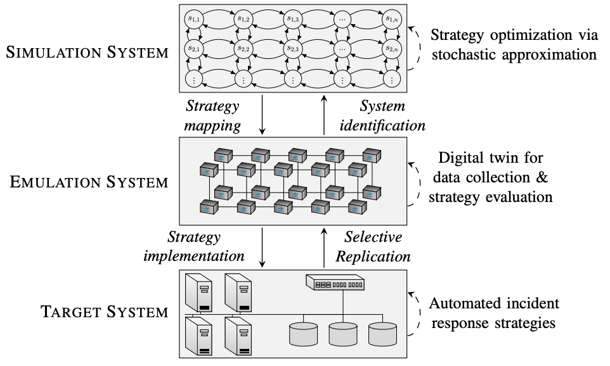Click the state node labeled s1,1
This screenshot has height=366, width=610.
pos(193,19)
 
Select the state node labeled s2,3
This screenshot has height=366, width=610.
pos(292,48)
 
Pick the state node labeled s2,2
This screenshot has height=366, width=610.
pos(243,48)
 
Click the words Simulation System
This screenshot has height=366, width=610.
pos(87,52)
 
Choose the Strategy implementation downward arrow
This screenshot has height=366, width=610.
pos(263,246)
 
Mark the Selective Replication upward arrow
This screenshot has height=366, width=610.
pos(324,246)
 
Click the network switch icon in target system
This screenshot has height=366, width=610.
pos(335,282)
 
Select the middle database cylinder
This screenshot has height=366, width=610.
pos(342,333)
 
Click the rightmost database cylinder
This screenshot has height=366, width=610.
pos(382,333)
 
